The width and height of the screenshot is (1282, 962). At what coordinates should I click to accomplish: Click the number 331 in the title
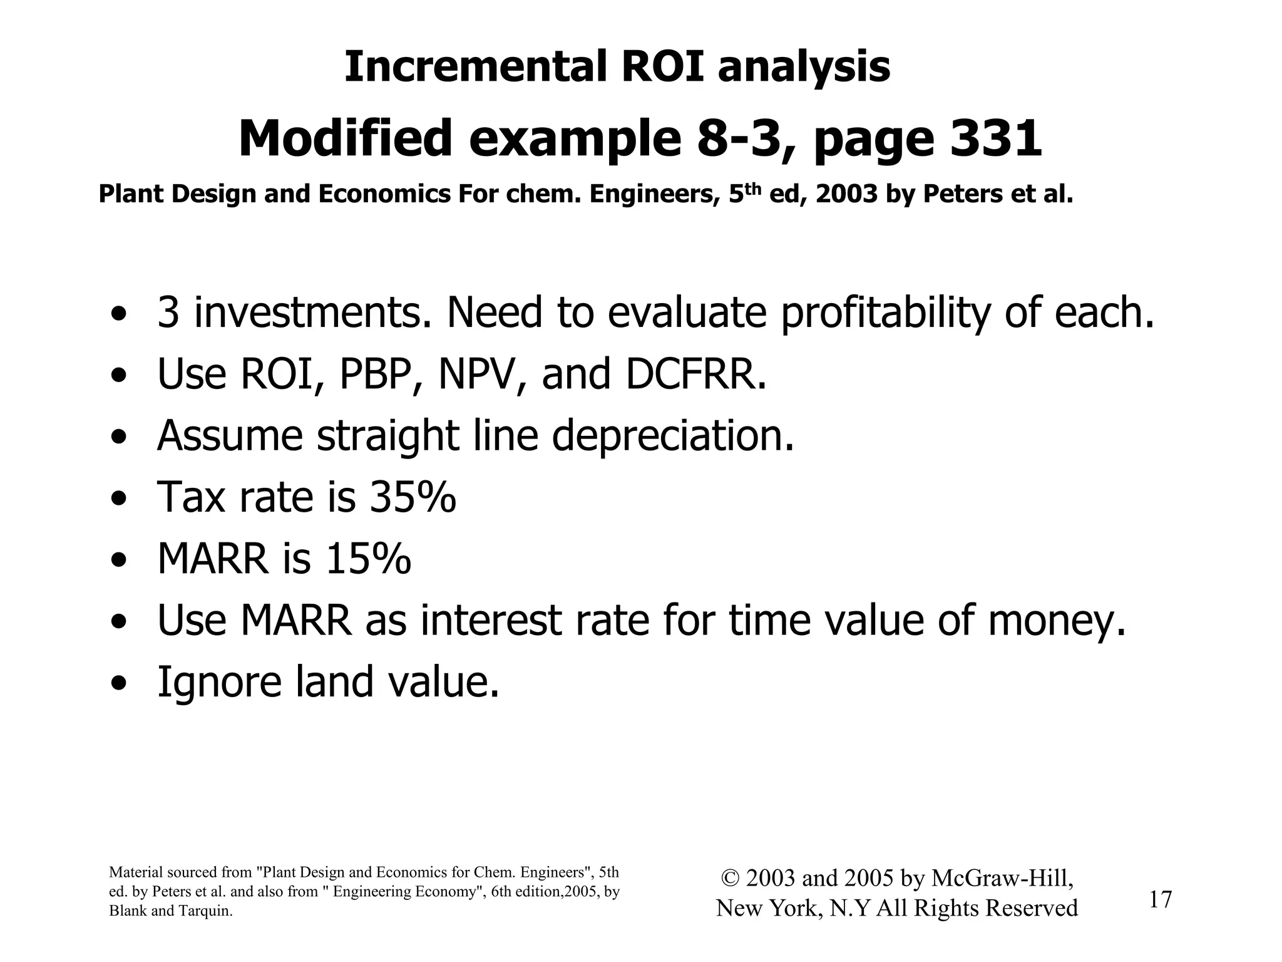coord(996,139)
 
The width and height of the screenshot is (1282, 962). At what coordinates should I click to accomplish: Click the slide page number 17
coord(1160,900)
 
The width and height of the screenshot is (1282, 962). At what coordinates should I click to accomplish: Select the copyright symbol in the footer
coord(730,879)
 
